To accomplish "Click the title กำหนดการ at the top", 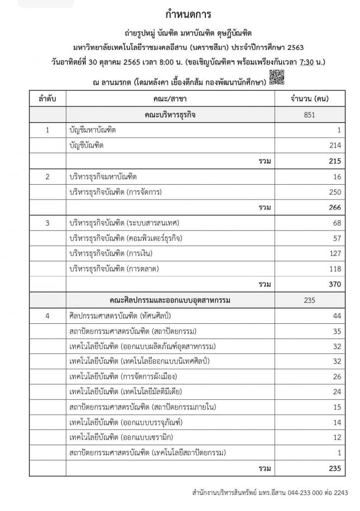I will click(180, 14).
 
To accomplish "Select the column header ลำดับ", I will click(47, 98).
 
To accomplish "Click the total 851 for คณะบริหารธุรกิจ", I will click(310, 114).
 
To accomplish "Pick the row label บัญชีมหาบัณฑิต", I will click(93, 130).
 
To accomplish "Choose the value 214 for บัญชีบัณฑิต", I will click(334, 146).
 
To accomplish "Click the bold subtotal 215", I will click(334, 161).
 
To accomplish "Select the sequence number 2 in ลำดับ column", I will click(47, 177).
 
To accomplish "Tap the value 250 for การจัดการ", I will click(334, 192).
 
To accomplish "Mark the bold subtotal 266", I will click(334, 208).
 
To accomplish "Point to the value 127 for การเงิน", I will click(334, 254).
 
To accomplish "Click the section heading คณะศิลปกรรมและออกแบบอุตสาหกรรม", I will click(171, 300).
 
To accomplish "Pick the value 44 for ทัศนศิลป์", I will click(336, 316).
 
